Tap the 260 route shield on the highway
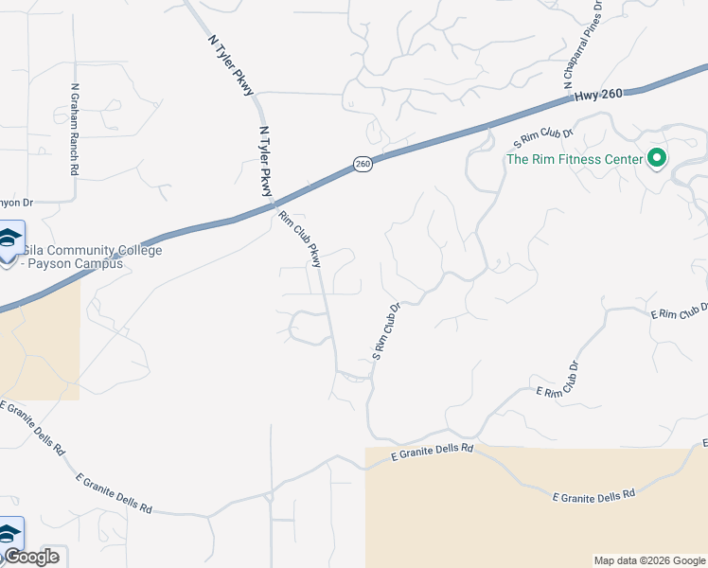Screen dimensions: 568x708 [363, 165]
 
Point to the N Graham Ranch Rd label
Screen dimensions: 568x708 [74, 129]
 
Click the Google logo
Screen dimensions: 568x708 [30, 557]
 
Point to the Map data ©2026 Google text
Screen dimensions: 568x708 [649, 560]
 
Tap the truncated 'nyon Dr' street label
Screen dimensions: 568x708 [16, 203]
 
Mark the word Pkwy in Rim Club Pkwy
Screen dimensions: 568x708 [313, 256]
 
